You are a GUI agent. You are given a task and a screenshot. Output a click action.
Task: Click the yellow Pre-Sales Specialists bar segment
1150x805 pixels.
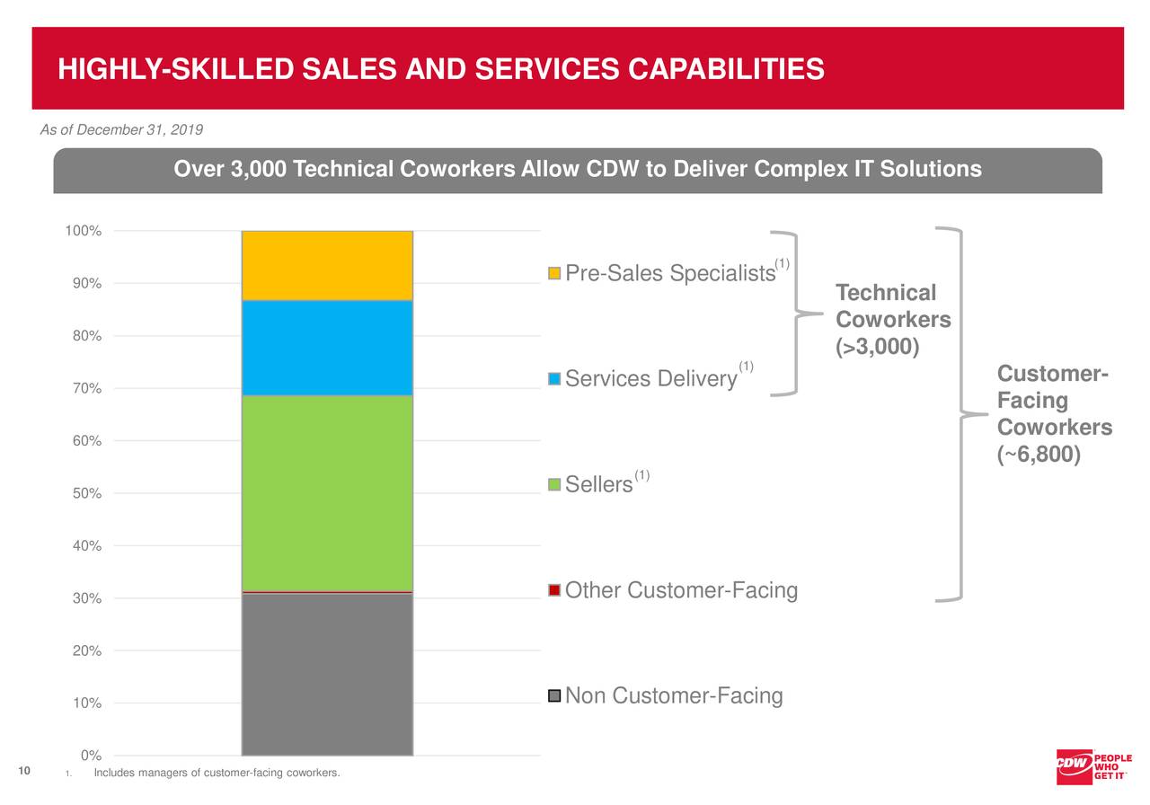(327, 266)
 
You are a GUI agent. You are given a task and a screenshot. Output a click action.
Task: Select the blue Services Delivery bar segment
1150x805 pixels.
(327, 348)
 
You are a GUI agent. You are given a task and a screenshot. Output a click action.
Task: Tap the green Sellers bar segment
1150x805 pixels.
(327, 492)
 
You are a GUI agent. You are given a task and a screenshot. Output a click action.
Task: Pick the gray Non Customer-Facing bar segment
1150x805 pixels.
(327, 674)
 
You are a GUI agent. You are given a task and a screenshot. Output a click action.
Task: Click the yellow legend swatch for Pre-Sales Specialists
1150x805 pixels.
(554, 273)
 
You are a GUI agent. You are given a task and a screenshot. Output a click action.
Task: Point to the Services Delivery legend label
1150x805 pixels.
(651, 379)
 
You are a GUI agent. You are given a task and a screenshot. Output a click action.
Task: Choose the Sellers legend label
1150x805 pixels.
(599, 485)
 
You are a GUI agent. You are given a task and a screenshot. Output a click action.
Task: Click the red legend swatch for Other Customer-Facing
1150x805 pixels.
(554, 590)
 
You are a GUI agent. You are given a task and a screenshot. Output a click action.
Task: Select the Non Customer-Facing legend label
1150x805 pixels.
(674, 696)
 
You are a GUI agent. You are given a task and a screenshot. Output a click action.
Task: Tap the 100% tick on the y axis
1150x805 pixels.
(83, 232)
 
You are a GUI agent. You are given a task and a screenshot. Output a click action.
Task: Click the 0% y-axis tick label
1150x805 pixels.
(90, 756)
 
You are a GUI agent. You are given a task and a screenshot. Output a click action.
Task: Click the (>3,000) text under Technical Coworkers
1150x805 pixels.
(877, 347)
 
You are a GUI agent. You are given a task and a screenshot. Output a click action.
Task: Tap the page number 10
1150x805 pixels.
(24, 772)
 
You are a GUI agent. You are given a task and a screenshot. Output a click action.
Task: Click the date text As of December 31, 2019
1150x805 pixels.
(121, 130)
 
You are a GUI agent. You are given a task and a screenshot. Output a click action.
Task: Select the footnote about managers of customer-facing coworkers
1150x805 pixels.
(217, 774)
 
